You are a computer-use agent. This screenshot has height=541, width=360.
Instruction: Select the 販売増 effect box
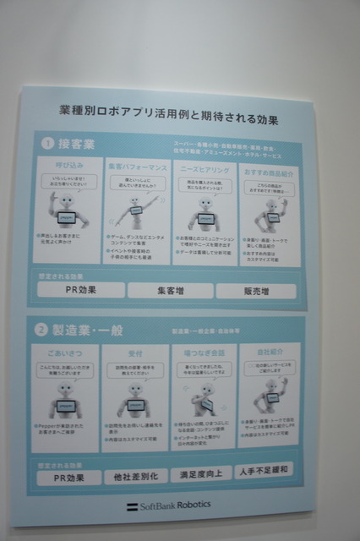(256, 290)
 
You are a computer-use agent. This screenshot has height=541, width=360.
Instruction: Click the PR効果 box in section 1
(82, 290)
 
